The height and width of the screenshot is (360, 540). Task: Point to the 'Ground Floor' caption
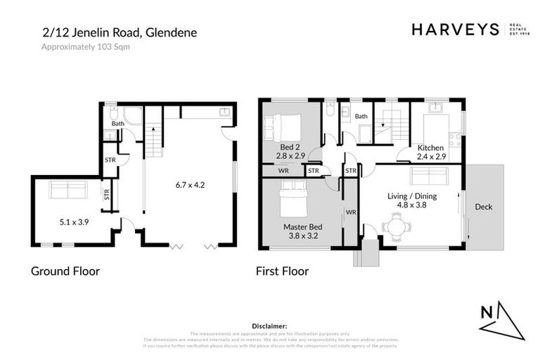click(65, 271)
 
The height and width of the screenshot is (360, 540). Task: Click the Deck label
click(483, 207)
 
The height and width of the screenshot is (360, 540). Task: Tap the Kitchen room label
click(430, 148)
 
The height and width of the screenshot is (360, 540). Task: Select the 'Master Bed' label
click(303, 227)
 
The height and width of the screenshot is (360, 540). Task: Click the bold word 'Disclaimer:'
click(269, 326)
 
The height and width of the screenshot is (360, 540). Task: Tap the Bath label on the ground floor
click(118, 124)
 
